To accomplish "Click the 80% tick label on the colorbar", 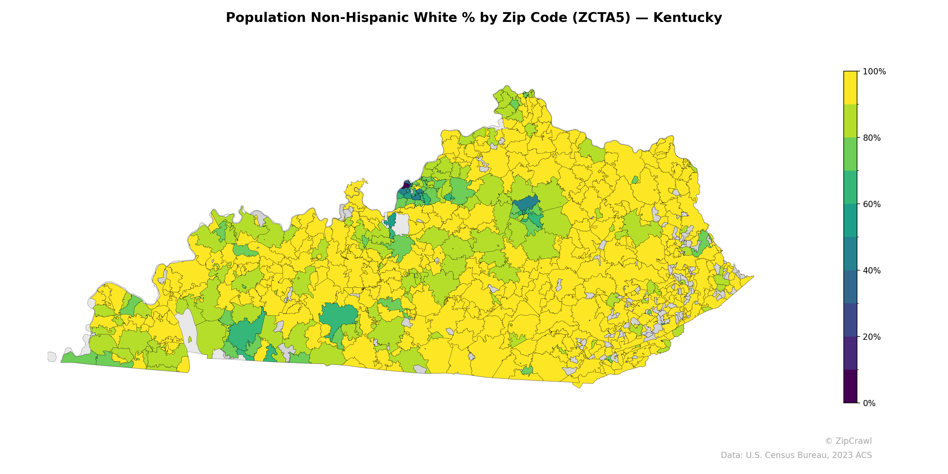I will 872,138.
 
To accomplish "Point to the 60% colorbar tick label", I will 872,204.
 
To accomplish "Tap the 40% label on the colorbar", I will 872,270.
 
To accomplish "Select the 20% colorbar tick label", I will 872,337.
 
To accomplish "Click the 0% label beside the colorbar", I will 869,403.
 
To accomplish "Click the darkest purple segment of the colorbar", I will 850,386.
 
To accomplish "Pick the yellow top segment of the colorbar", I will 850,88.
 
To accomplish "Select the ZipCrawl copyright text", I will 848,441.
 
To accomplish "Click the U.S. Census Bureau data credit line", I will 796,455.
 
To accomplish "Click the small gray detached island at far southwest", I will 52,357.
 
